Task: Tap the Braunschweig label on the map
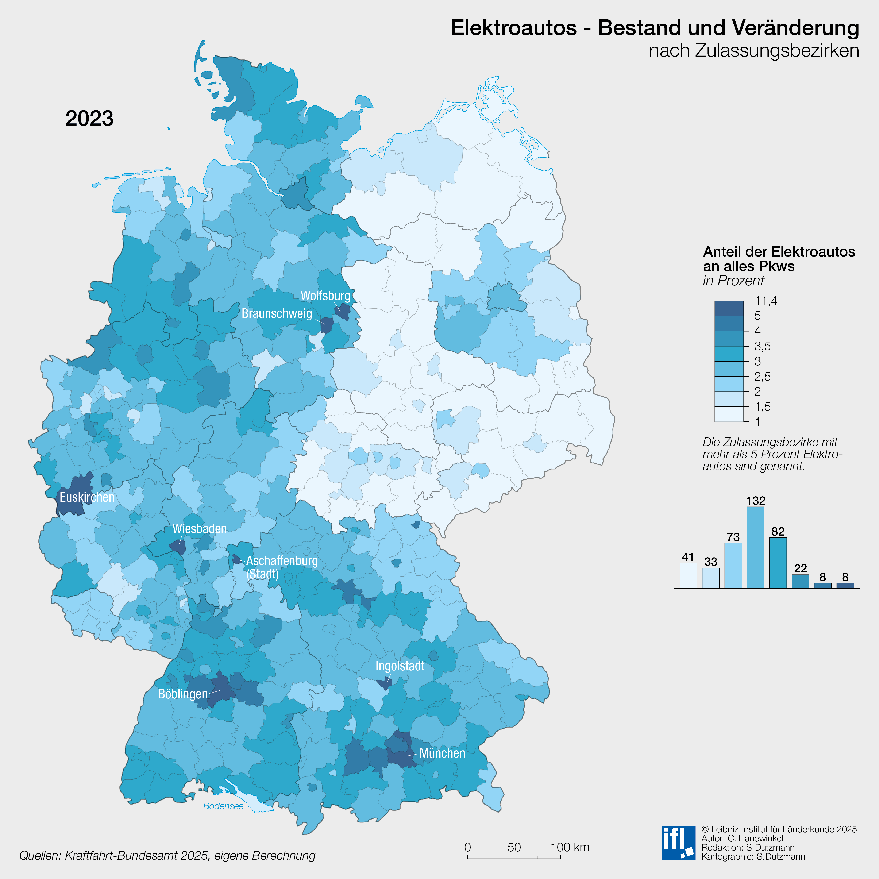tap(277, 313)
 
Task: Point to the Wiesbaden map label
tap(199, 529)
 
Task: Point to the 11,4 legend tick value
tap(766, 301)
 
